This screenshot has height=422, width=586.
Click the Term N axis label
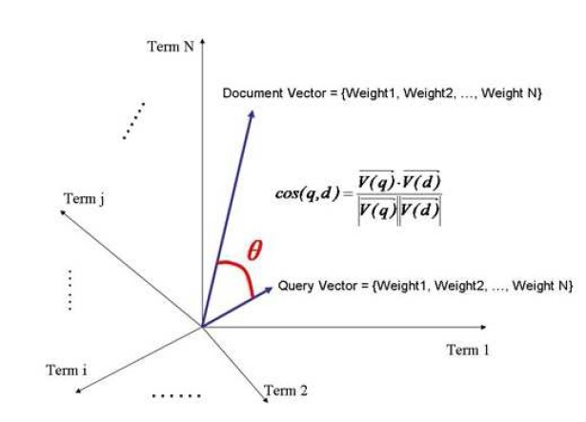pos(171,47)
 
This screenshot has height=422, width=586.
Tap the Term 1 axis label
pos(468,351)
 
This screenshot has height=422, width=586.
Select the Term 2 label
pos(286,391)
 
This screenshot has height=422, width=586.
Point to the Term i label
pos(67,371)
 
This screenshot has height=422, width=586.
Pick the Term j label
pos(84,199)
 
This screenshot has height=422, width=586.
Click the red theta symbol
pos(254,250)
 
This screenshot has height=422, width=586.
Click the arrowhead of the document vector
pos(252,114)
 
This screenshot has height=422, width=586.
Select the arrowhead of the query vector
pos(269,290)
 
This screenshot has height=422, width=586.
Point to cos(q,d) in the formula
pos(308,193)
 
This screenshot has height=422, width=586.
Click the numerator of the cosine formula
pos(399,181)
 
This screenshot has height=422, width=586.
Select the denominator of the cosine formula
pos(399,211)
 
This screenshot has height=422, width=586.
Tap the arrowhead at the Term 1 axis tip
pos(483,327)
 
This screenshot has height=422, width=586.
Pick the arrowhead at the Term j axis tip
pos(63,212)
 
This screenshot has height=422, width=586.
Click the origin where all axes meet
pos(202,327)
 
